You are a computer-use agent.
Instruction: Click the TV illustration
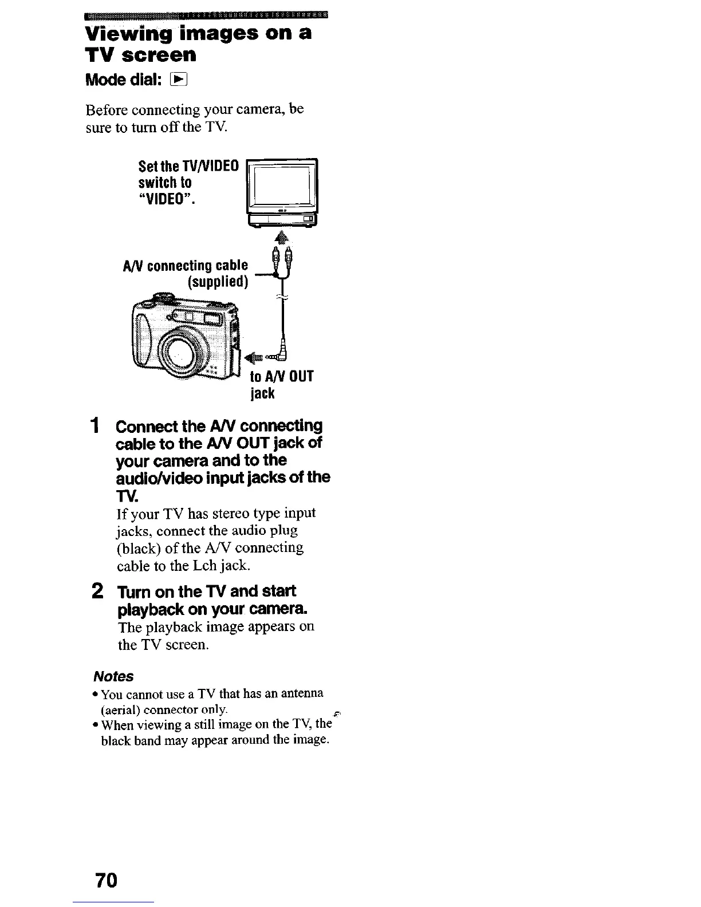tap(281, 191)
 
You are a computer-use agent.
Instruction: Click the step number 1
tap(97, 427)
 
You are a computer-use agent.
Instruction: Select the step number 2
tap(98, 591)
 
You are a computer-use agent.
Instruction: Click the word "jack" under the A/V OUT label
tap(262, 393)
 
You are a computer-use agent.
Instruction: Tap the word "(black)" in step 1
tap(138, 548)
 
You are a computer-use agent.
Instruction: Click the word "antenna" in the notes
tap(301, 693)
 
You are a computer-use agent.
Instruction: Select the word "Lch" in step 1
tap(206, 566)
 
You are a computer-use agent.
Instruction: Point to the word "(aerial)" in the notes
tap(120, 710)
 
